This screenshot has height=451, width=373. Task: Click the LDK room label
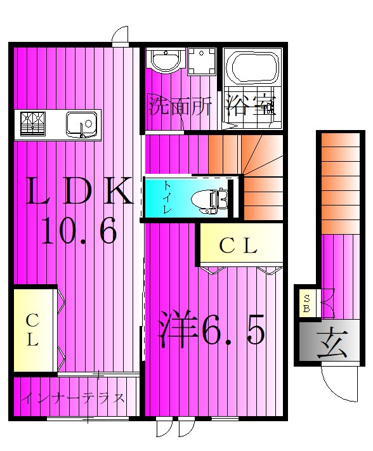(78, 192)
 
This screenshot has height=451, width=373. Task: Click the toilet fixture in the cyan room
(213, 199)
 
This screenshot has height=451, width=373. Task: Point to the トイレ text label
(167, 197)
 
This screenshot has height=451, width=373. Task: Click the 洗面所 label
(180, 105)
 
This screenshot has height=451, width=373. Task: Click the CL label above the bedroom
(238, 246)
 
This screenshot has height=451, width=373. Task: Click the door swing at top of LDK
(121, 36)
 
